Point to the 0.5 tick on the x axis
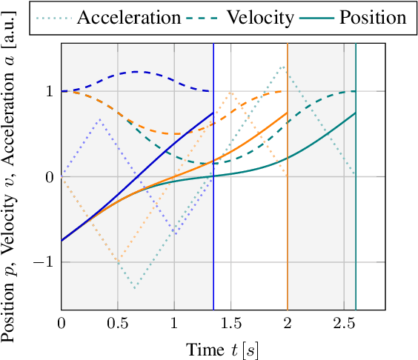(x=117, y=323)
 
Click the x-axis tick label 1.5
(x=230, y=323)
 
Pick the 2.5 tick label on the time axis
(x=344, y=323)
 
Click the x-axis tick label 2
(x=288, y=323)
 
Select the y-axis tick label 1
(x=48, y=91)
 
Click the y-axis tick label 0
(x=48, y=177)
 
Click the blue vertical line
(x=213, y=222)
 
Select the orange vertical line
(x=288, y=222)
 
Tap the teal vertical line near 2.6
(x=356, y=222)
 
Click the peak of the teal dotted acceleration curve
(x=282, y=66)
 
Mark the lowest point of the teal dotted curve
(x=134, y=287)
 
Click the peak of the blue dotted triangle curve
(x=99, y=119)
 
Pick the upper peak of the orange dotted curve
(x=230, y=92)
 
